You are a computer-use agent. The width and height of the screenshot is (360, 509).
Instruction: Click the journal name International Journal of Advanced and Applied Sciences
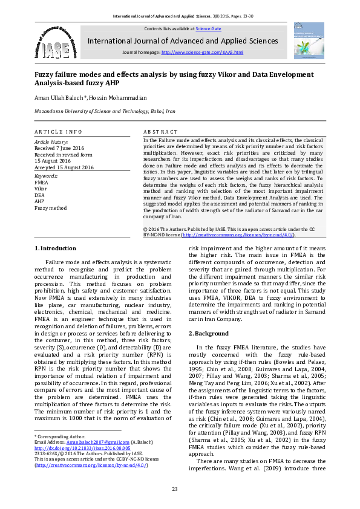pos(183,41)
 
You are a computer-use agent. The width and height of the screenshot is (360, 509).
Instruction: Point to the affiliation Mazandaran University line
pos(104,112)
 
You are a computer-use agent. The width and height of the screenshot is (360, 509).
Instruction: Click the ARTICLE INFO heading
pos(58,132)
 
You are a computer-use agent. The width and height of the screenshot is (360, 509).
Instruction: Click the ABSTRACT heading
pos(160,132)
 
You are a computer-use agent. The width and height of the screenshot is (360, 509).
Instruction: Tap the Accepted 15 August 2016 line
pos(64,167)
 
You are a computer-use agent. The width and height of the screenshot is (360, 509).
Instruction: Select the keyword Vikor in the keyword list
pos(41,189)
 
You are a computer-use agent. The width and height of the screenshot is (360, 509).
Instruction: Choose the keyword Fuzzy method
pos(50,207)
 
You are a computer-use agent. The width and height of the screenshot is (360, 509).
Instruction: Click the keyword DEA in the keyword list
pos(40,195)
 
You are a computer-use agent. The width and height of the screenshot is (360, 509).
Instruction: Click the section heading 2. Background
pos(209,334)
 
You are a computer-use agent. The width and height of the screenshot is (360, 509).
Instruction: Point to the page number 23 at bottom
pos(175,489)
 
